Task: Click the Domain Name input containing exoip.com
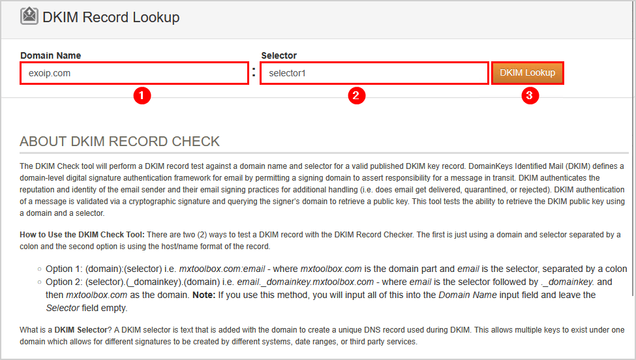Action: click(134, 73)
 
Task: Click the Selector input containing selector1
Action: click(374, 73)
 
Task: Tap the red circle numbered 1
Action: click(142, 96)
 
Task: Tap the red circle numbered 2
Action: click(357, 96)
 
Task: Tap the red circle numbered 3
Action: click(530, 96)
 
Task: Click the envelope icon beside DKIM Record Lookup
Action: click(29, 16)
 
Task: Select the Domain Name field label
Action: click(51, 55)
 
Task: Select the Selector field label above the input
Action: click(279, 55)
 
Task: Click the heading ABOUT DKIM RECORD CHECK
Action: click(119, 142)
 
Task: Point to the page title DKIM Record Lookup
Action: click(111, 17)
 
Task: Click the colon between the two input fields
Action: click(254, 72)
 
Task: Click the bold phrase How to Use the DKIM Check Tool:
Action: click(82, 234)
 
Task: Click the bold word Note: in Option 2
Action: click(204, 295)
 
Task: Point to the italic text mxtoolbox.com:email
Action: click(222, 269)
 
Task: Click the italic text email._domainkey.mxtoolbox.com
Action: click(305, 282)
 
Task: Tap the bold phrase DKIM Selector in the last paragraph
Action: click(81, 330)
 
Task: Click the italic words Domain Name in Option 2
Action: click(467, 295)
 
